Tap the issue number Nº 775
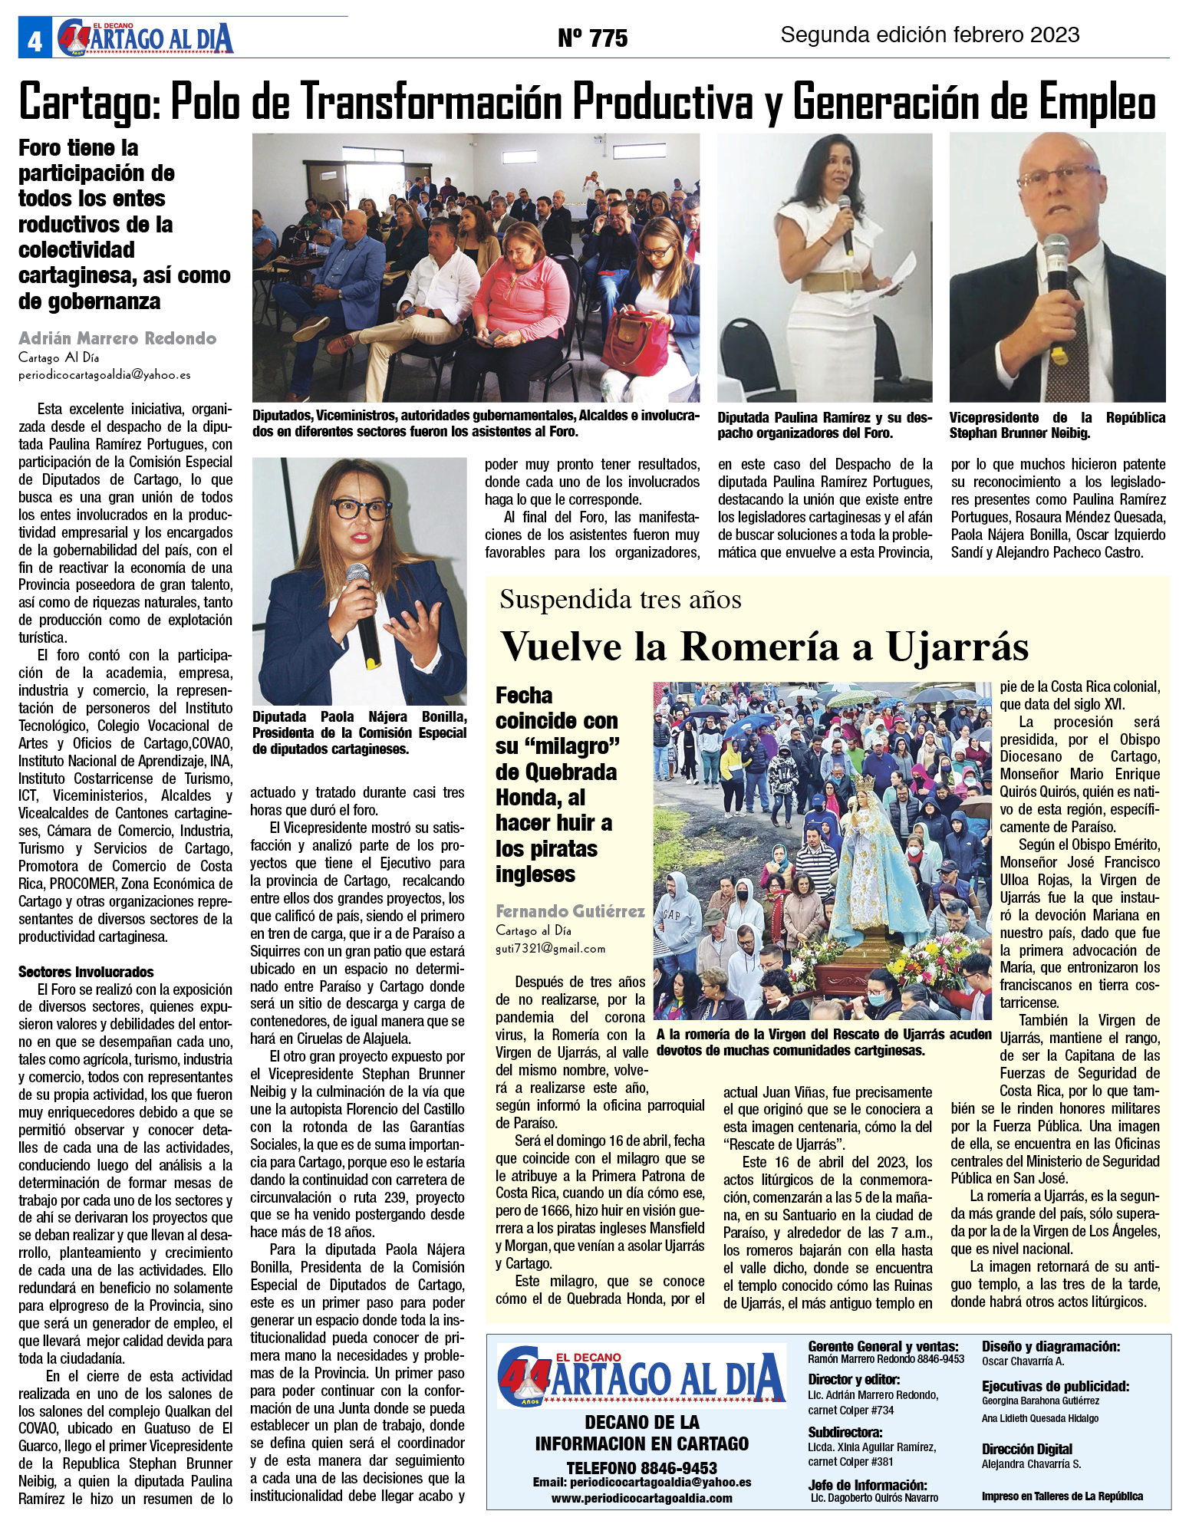pyautogui.click(x=592, y=38)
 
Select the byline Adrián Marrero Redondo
pyautogui.click(x=117, y=338)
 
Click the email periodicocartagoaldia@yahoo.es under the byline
pyautogui.click(x=104, y=375)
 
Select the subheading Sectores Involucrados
pyautogui.click(x=86, y=972)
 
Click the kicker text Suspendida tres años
pyautogui.click(x=620, y=599)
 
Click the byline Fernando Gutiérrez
pyautogui.click(x=570, y=911)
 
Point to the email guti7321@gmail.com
pyautogui.click(x=550, y=949)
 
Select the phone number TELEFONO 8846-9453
pyautogui.click(x=641, y=1468)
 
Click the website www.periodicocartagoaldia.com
pyautogui.click(x=641, y=1498)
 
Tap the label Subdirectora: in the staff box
pyautogui.click(x=845, y=1432)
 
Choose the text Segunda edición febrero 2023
pyautogui.click(x=930, y=35)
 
